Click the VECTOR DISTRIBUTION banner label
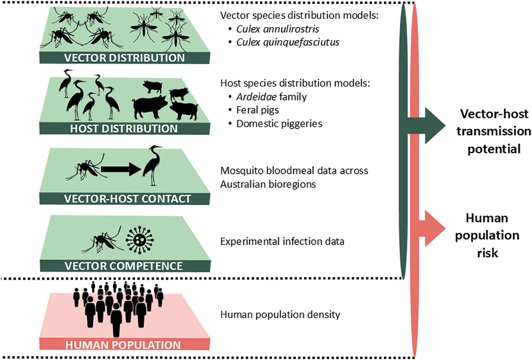124,58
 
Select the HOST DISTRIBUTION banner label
124,129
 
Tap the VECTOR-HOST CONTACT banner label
127,199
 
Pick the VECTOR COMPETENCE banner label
124,266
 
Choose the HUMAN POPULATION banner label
123,345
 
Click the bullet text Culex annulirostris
278,29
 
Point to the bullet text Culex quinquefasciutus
288,43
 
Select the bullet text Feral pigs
258,110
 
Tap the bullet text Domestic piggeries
279,124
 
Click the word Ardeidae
256,97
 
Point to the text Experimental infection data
282,241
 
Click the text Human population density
280,315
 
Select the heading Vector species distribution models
299,15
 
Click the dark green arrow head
435,126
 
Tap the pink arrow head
435,228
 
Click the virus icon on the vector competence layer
140,240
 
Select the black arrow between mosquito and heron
121,169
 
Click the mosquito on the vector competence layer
102,240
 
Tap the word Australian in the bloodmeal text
244,184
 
